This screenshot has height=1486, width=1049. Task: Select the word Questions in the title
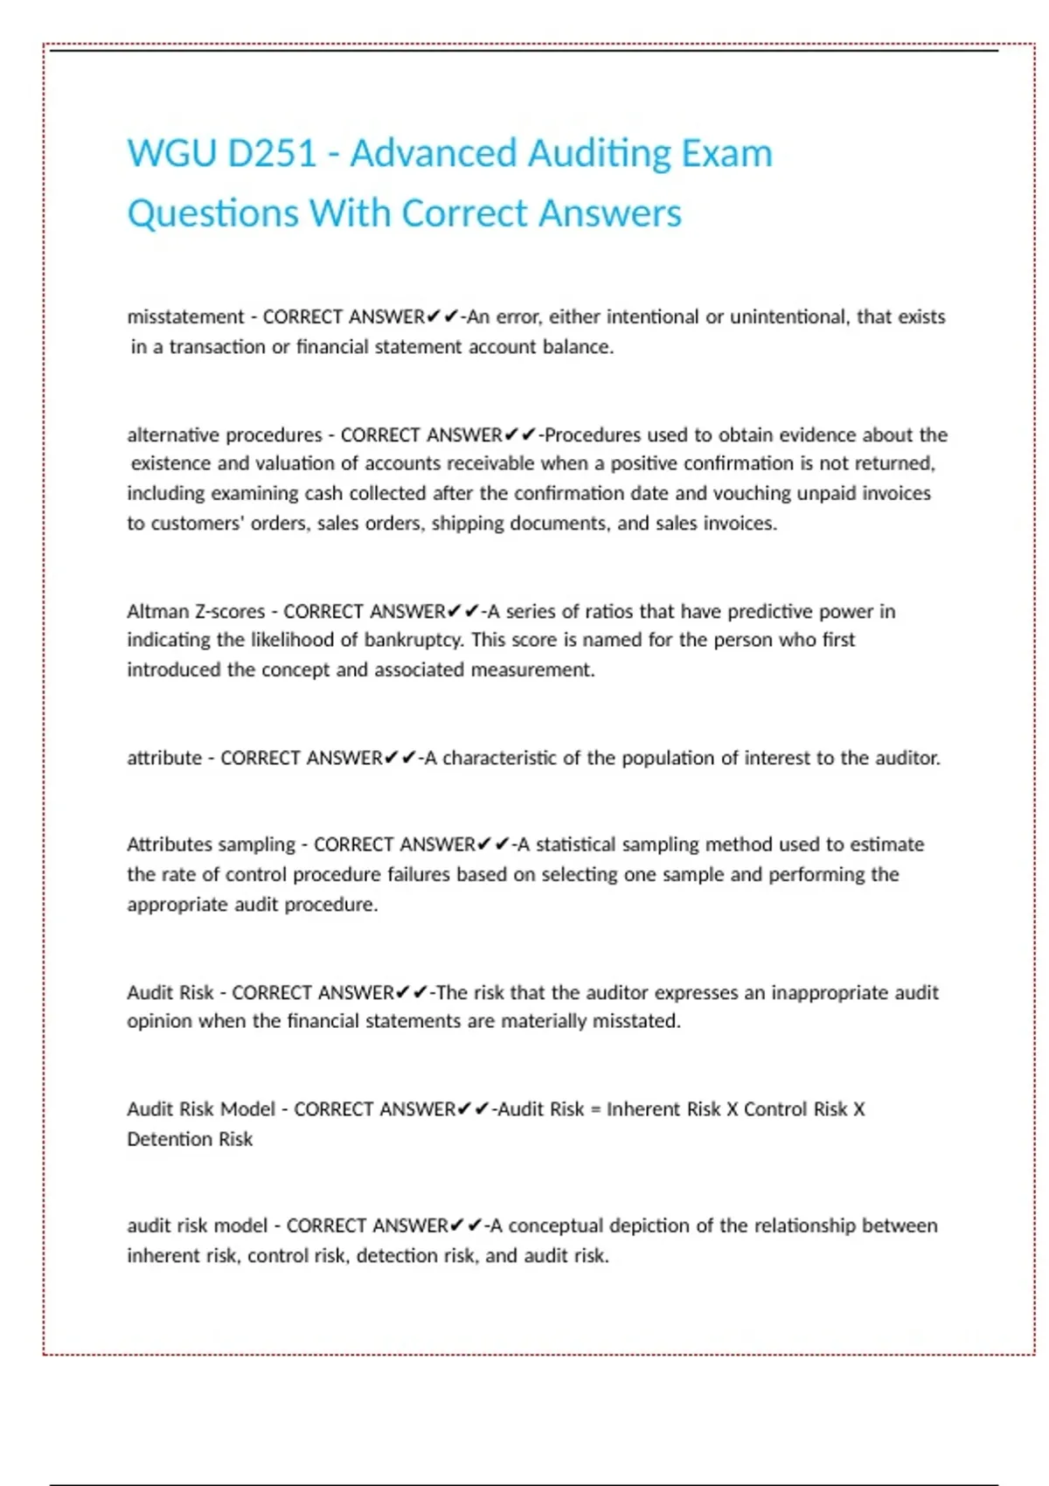[x=212, y=214]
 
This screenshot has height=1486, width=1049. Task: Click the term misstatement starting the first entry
[x=185, y=316]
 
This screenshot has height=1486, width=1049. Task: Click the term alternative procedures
[x=225, y=434]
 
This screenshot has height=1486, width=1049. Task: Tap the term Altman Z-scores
[x=196, y=611]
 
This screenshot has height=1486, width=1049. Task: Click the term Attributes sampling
[x=211, y=844]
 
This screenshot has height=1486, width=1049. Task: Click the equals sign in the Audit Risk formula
[x=595, y=1109]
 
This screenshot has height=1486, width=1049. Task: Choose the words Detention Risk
[x=190, y=1139]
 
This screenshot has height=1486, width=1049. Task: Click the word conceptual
[x=554, y=1226]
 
